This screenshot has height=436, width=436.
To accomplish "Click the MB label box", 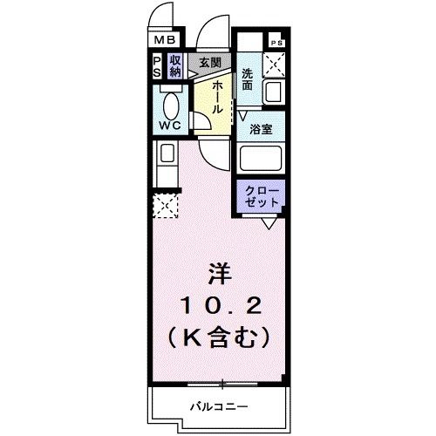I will [165, 40].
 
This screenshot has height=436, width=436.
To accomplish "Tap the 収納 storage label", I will [175, 66].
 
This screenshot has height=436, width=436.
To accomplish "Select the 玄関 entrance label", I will [208, 62].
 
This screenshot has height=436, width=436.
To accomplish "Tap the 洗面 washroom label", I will [248, 79].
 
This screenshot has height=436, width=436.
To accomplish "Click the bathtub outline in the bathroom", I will [261, 159].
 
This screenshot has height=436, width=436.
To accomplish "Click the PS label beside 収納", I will [157, 66].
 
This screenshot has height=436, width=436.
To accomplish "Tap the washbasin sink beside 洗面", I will [274, 91].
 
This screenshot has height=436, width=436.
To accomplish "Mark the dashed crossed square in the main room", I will [164, 206].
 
